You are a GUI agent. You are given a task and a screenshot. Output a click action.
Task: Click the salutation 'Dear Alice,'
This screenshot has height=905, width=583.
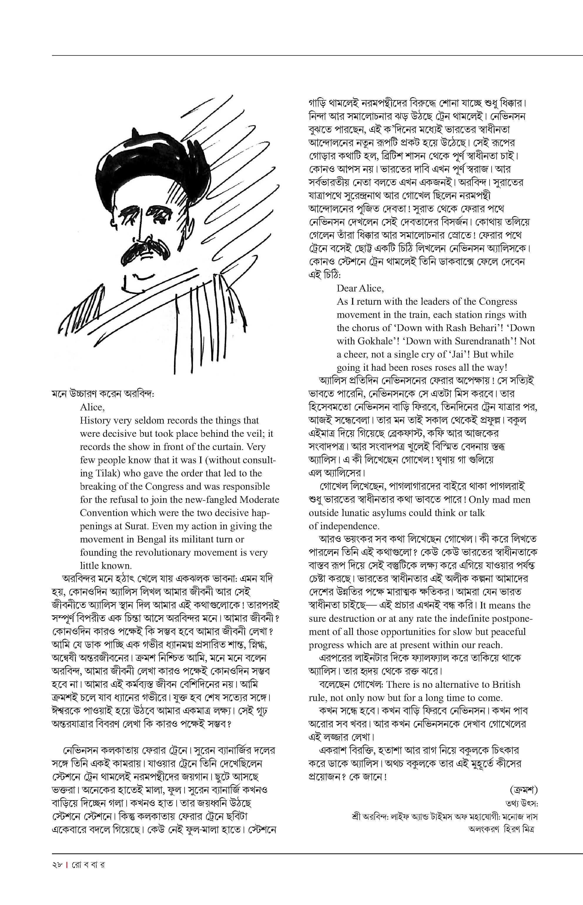click(x=360, y=289)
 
